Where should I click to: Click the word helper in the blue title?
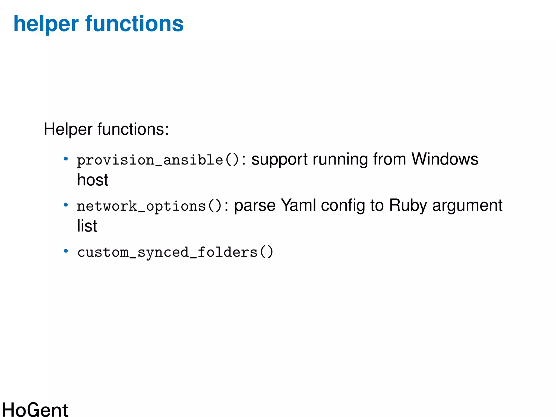pos(46,24)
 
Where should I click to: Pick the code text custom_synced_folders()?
pos(175,252)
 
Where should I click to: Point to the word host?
pos(93,180)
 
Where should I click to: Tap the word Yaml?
pos(298,205)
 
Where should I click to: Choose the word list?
pos(87,226)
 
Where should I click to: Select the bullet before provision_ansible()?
pos(66,159)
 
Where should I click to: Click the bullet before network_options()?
pos(66,205)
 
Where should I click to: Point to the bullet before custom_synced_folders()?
pos(66,251)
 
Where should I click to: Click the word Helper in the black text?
pos(68,129)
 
